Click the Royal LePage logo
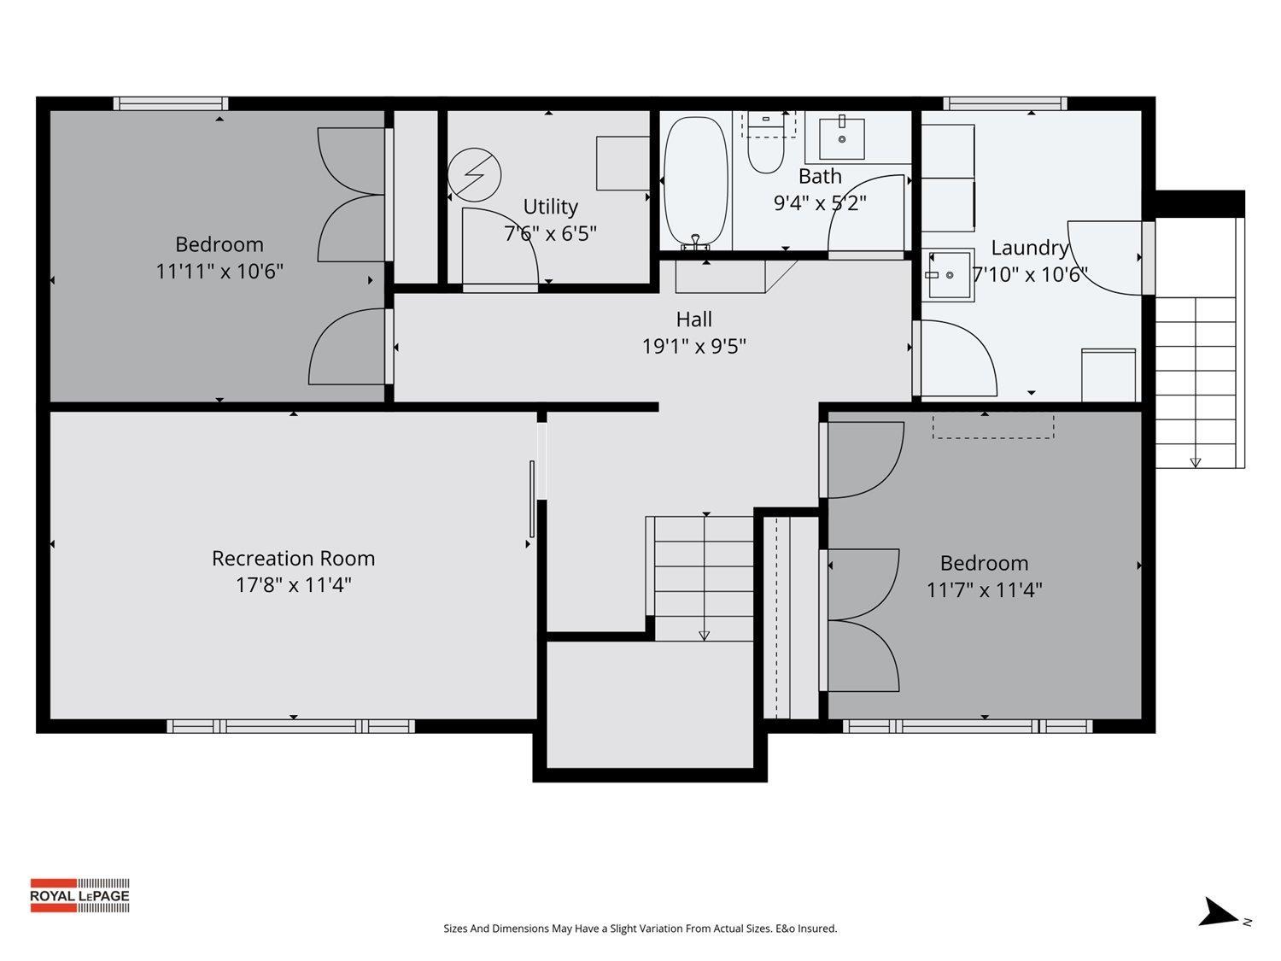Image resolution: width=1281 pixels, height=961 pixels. [79, 895]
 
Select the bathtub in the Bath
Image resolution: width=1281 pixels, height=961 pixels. [696, 181]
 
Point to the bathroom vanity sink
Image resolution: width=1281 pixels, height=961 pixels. [841, 138]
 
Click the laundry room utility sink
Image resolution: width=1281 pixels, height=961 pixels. [948, 275]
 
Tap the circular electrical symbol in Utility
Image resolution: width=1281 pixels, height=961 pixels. [474, 174]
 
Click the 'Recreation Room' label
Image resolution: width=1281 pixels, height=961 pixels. [293, 559]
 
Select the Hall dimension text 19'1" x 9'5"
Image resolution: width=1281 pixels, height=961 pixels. [693, 346]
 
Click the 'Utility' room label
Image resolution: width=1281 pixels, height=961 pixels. [550, 207]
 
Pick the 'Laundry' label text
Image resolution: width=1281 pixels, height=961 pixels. [1029, 248]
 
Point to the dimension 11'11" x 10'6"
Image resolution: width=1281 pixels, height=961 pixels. [219, 272]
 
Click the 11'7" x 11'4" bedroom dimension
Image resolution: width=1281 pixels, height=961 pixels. [984, 590]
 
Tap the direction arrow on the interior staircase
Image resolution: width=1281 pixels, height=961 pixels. [704, 635]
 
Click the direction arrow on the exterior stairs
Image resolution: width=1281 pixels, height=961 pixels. [1195, 462]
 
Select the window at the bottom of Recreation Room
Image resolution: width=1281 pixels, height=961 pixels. [290, 726]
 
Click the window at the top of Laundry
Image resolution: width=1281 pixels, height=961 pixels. [1004, 103]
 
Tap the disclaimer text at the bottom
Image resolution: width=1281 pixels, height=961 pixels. [640, 929]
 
